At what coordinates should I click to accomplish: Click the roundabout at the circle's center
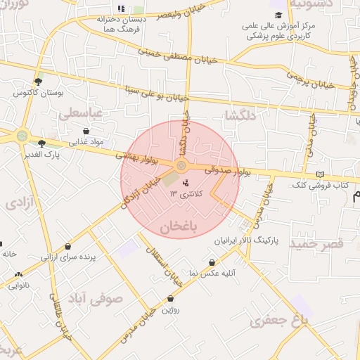(181, 166)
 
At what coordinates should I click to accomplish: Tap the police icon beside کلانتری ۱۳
(176, 183)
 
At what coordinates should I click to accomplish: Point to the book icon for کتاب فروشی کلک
(321, 174)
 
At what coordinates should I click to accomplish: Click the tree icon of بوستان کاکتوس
(38, 82)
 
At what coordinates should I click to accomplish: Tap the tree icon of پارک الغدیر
(41, 143)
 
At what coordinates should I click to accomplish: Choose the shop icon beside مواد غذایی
(86, 131)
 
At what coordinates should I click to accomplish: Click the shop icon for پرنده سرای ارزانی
(67, 247)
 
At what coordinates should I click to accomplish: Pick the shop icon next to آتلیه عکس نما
(212, 262)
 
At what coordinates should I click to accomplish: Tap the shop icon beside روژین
(171, 298)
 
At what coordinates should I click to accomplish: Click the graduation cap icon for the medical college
(278, 15)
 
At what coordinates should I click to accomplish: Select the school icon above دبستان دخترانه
(121, 8)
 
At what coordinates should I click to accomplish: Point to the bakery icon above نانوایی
(18, 274)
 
